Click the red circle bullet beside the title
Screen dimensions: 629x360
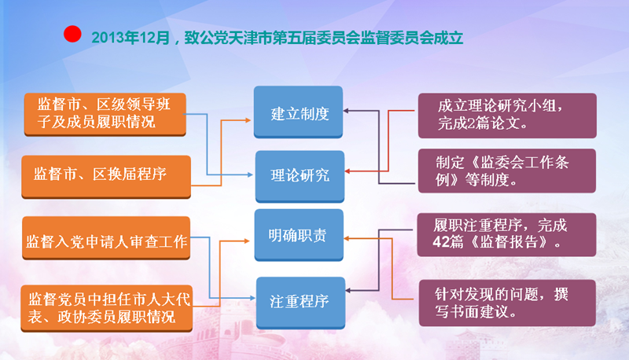pos(72,34)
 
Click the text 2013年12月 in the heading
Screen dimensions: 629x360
pos(131,38)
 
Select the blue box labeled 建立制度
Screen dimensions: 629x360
pos(298,112)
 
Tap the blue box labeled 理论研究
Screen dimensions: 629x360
pos(300,176)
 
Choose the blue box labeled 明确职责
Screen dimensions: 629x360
pos(299,235)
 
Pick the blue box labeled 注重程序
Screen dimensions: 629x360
pos(300,303)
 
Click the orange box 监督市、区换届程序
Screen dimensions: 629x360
pos(106,177)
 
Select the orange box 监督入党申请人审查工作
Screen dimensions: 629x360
pos(106,238)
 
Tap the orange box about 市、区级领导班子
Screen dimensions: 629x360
pos(105,115)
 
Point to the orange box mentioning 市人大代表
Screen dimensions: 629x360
pos(107,308)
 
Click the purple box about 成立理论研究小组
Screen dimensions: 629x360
pos(507,116)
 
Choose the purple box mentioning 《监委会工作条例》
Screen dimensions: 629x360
pos(507,171)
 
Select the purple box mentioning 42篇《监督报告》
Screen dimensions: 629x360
pos(506,234)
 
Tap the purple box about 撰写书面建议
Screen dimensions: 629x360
pos(507,303)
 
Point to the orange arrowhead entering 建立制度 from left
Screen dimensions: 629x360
pos(248,119)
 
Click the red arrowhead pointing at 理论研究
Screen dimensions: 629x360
pos(348,171)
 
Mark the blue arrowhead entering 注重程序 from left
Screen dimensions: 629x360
pos(252,298)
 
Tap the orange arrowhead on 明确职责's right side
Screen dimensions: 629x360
pos(347,238)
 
